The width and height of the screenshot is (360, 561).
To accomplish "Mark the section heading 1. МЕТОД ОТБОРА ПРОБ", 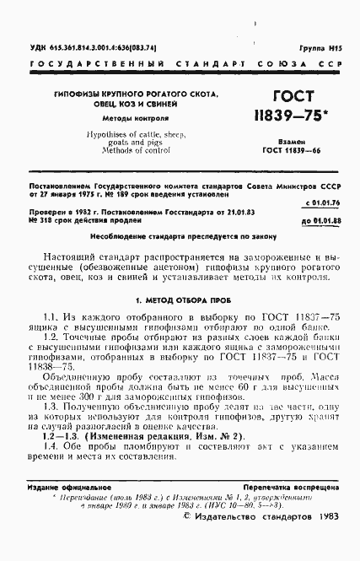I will pos(180,299).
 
